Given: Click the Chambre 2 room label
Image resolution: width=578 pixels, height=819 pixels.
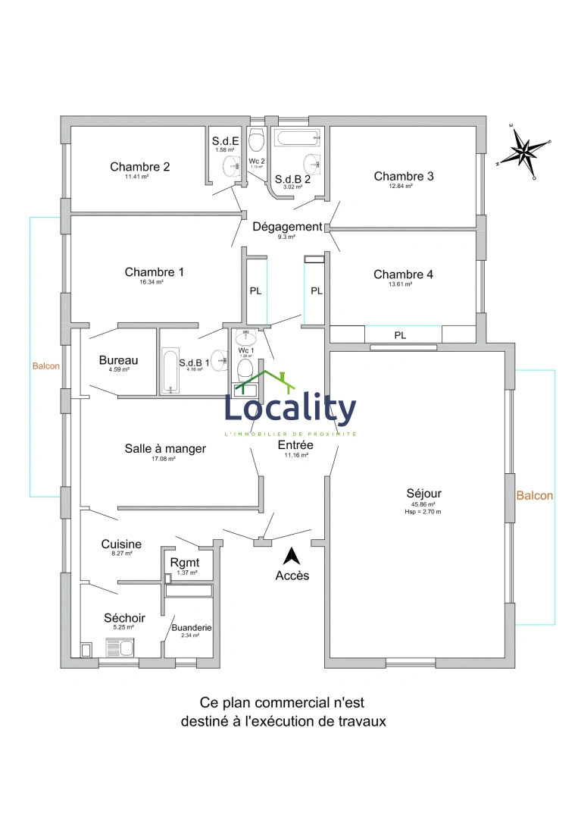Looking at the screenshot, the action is [x=139, y=167].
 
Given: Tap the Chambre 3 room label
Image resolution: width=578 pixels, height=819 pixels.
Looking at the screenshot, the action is [x=404, y=177].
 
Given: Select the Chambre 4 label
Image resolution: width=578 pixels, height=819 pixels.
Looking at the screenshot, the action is [x=403, y=275].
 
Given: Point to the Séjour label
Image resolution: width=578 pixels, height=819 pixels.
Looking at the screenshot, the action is [x=423, y=494].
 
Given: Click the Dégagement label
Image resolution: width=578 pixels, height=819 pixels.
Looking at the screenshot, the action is [x=287, y=227].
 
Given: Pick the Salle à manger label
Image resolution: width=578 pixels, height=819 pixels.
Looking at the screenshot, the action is [x=165, y=449].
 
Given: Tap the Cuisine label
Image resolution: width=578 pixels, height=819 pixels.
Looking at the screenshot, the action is [x=121, y=544].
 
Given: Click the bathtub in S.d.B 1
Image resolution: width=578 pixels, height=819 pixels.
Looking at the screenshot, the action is [x=170, y=372].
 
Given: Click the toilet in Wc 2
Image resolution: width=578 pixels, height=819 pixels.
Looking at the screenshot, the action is [x=256, y=139].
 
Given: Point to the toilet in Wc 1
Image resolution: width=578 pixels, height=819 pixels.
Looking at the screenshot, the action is [x=245, y=370].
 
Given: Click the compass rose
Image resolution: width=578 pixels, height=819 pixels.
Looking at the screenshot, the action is [x=524, y=151].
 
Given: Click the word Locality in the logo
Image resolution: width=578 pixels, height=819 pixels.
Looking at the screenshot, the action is [x=290, y=410].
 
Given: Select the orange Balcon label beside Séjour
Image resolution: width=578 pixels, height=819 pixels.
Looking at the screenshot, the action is [x=534, y=496].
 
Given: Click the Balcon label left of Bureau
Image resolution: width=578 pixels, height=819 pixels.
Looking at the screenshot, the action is [x=45, y=366].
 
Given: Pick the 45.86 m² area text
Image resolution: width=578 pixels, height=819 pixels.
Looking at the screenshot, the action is [x=423, y=504].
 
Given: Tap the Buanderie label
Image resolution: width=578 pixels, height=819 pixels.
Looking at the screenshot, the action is [x=191, y=628].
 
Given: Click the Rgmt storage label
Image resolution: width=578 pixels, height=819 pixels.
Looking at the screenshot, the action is [x=185, y=563].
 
